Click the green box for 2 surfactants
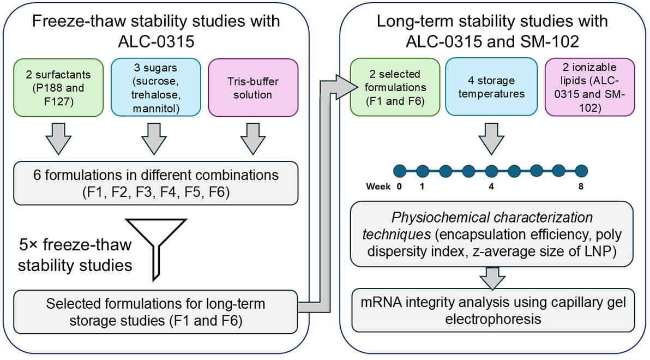(58, 87)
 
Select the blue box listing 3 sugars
(155, 87)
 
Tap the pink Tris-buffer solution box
(253, 87)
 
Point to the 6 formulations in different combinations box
(155, 183)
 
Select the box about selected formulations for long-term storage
(155, 312)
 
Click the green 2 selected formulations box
(395, 87)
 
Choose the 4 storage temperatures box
(491, 87)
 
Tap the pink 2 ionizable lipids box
(589, 87)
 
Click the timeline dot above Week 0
(400, 171)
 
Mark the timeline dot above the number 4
(491, 171)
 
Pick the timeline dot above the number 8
(581, 171)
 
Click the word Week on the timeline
(378, 187)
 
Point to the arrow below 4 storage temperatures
(491, 139)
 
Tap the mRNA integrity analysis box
(493, 310)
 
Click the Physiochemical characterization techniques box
(492, 234)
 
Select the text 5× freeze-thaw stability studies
(75, 255)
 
